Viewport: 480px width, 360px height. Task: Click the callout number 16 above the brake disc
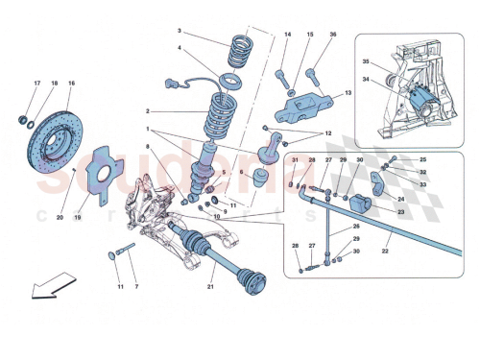click(71, 85)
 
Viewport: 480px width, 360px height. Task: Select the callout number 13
click(348, 93)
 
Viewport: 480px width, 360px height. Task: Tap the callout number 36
click(333, 35)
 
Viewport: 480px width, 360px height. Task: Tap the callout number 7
click(137, 287)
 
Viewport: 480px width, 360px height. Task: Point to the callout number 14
click(287, 35)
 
